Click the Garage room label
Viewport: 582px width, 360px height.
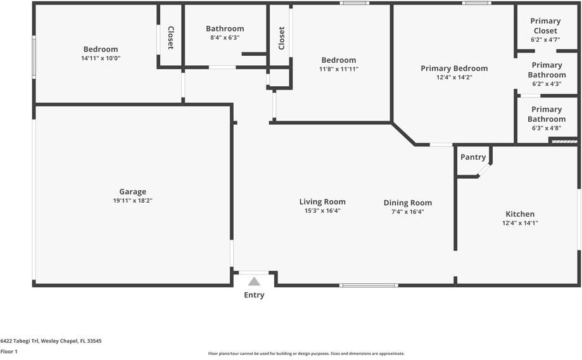pos(132,191)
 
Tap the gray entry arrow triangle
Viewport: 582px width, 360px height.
pos(254,281)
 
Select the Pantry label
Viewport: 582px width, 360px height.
pos(473,157)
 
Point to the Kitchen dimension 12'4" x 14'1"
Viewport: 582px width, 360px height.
pos(520,223)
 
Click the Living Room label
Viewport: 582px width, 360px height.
pos(322,202)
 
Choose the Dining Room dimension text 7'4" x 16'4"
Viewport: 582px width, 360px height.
pos(407,212)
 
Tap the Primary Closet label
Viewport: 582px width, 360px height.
pos(545,26)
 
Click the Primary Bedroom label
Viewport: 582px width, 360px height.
pos(454,68)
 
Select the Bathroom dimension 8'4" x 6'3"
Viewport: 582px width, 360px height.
pos(225,37)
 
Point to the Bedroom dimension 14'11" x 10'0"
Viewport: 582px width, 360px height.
pos(101,58)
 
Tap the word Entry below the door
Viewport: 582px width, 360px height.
pos(254,295)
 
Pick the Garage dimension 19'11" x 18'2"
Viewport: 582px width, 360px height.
pos(132,200)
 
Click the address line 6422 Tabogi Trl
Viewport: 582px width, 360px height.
pos(51,340)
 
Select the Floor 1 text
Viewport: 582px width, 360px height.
pos(9,351)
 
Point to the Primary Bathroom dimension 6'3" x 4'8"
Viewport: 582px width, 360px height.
pos(547,127)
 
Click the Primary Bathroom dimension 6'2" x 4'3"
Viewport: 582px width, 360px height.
pos(547,83)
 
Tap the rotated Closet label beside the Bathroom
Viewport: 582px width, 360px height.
pos(170,37)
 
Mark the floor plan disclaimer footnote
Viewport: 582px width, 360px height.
pos(307,354)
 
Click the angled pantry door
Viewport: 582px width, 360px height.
pos(484,169)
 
